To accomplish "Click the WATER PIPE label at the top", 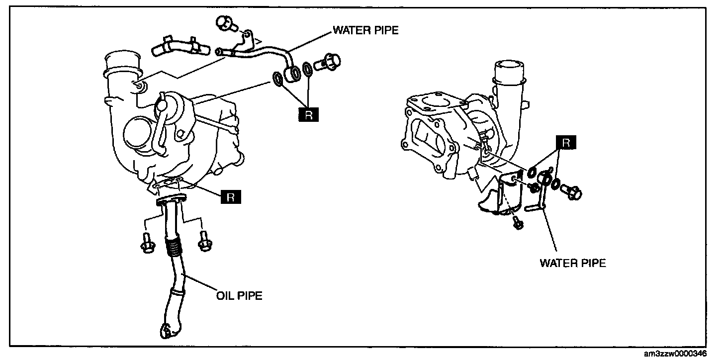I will pyautogui.click(x=365, y=30).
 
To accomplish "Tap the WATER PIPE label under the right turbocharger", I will pyautogui.click(x=573, y=264).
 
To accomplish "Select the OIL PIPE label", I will pyautogui.click(x=239, y=296).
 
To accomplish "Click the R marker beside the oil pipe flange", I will pyautogui.click(x=231, y=197).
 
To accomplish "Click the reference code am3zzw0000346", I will pyautogui.click(x=681, y=354).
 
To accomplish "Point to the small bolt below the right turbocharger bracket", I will pyautogui.click(x=517, y=223).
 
